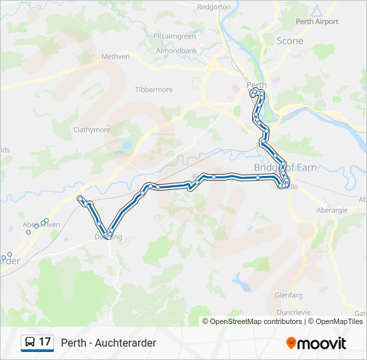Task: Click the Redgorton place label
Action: click(214, 7)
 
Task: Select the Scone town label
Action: click(290, 41)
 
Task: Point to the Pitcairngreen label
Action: click(174, 36)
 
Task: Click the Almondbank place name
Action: click(176, 51)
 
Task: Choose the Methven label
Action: click(115, 57)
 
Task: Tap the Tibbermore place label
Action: click(153, 89)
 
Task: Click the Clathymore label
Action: click(91, 130)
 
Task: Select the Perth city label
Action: click(256, 85)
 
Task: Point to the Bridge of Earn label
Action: click(285, 167)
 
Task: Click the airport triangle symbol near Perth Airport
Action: click(316, 11)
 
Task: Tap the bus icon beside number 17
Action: click(30, 342)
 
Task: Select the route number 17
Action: click(45, 342)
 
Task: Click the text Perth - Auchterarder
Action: click(108, 343)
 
